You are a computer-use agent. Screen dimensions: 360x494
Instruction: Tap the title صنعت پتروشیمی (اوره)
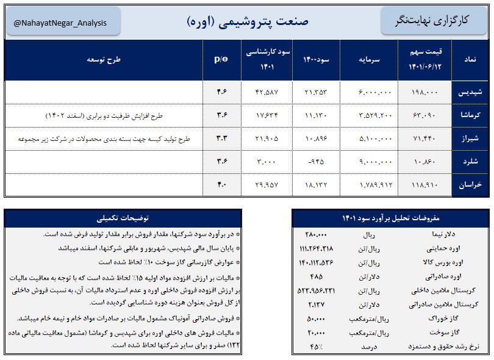248,21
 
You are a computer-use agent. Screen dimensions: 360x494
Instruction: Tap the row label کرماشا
471,115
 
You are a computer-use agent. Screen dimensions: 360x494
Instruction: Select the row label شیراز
471,139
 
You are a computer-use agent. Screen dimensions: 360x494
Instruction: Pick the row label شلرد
471,162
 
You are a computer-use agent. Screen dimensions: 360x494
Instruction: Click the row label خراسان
471,185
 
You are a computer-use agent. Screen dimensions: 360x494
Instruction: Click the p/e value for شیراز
221,139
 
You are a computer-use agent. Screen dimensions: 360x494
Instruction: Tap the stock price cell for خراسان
425,185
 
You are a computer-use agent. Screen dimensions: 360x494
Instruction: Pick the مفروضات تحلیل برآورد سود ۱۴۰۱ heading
390,218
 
